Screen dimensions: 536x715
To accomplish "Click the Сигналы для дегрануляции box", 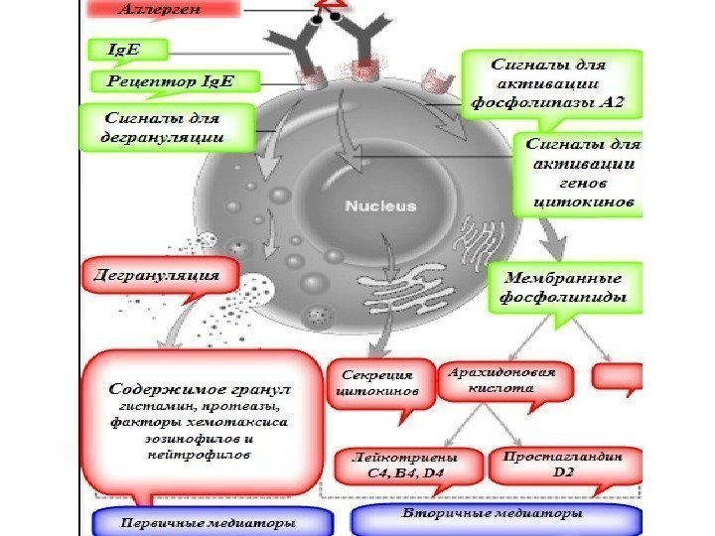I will point(164,128).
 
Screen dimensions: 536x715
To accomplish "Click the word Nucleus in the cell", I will point(380,207).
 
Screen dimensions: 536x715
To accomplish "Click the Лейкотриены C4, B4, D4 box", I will point(405,466).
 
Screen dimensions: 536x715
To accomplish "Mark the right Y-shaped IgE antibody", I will point(364,45).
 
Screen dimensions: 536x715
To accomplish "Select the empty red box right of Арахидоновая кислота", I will point(618,376).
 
